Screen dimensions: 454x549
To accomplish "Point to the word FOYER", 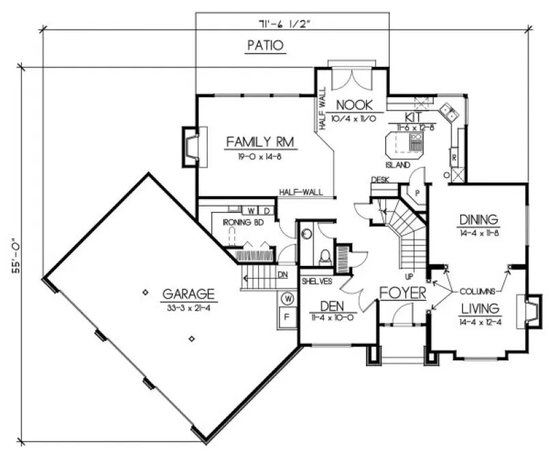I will [403, 293].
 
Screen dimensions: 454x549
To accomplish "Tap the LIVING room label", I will [479, 308].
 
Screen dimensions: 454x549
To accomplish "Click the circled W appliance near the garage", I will [287, 298].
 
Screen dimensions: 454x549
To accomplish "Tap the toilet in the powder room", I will [326, 256].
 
